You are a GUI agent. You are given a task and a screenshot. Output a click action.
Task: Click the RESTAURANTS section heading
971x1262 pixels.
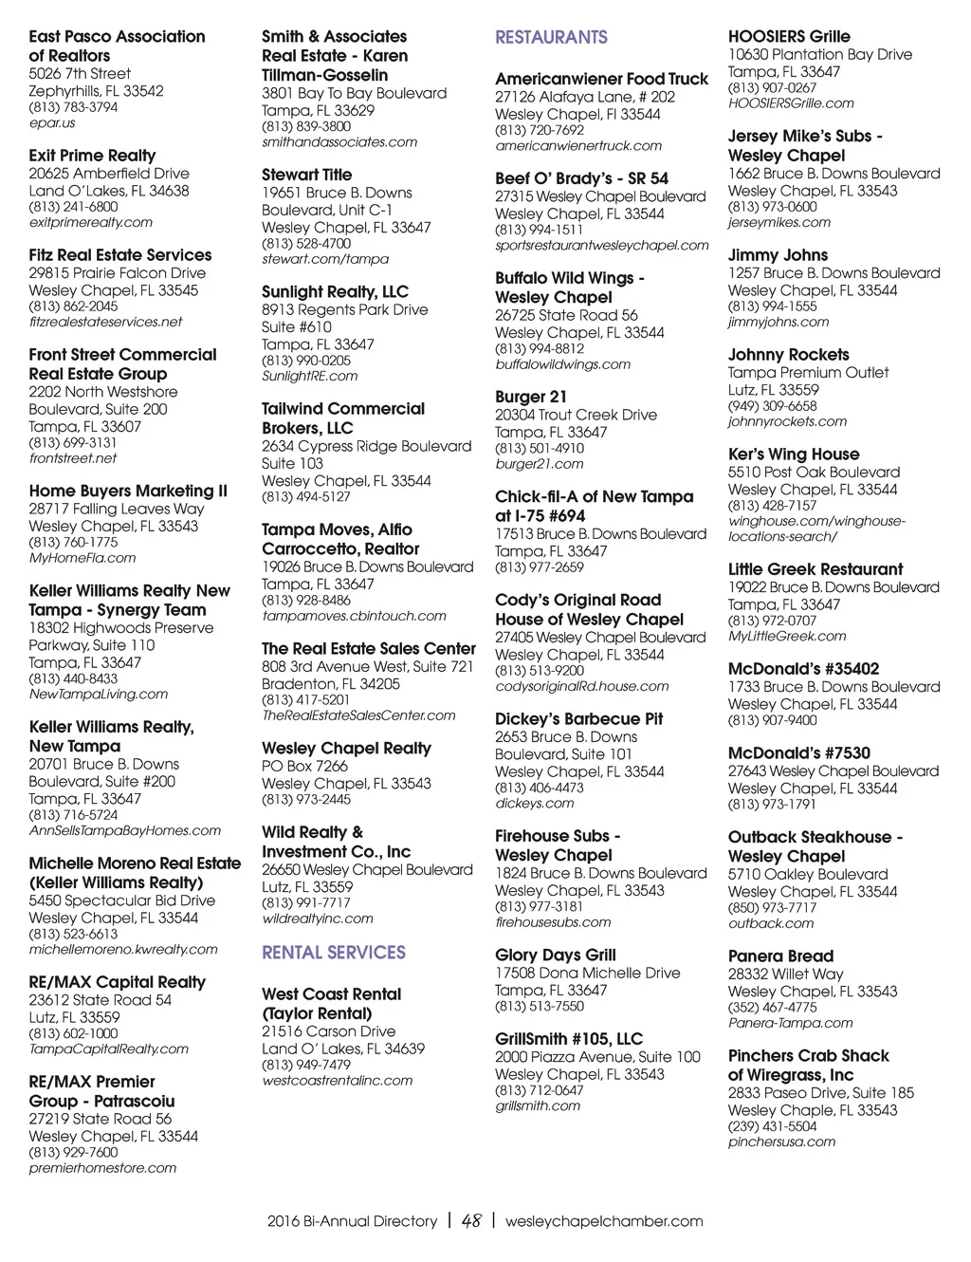[551, 38]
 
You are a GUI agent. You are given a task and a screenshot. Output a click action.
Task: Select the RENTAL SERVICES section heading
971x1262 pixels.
[333, 953]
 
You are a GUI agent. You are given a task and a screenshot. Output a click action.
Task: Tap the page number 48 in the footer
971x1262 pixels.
[471, 1221]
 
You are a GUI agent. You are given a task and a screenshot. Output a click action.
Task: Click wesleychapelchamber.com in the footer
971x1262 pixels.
[604, 1221]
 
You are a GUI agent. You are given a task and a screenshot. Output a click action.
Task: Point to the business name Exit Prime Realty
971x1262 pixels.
[92, 156]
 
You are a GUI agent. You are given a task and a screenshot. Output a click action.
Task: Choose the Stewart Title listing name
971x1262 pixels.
[306, 176]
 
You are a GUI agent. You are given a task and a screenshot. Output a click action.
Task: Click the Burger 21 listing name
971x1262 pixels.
[531, 398]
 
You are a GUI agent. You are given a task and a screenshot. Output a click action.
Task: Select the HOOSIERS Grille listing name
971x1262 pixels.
[789, 37]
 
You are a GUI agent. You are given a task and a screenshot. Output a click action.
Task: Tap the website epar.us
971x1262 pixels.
[52, 123]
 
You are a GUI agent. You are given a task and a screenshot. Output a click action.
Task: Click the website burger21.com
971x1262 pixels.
[539, 464]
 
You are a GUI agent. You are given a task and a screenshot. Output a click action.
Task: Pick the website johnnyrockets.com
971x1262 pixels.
[787, 422]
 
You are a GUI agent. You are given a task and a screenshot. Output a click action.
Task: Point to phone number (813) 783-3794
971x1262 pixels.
[73, 107]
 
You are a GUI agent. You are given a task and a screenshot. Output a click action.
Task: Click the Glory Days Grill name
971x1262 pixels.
[555, 956]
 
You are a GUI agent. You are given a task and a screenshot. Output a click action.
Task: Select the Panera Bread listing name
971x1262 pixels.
[780, 956]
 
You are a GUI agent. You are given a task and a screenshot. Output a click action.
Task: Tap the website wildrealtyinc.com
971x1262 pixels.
[318, 919]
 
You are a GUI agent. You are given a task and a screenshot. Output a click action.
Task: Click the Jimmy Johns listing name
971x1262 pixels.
[778, 255]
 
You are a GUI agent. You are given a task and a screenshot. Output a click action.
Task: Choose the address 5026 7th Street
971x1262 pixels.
[80, 74]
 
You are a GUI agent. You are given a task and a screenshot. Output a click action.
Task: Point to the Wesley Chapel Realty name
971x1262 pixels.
[346, 749]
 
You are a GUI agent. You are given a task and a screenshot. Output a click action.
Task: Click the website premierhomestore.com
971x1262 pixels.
[102, 1168]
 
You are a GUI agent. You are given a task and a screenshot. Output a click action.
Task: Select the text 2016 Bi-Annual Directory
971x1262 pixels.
[352, 1221]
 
